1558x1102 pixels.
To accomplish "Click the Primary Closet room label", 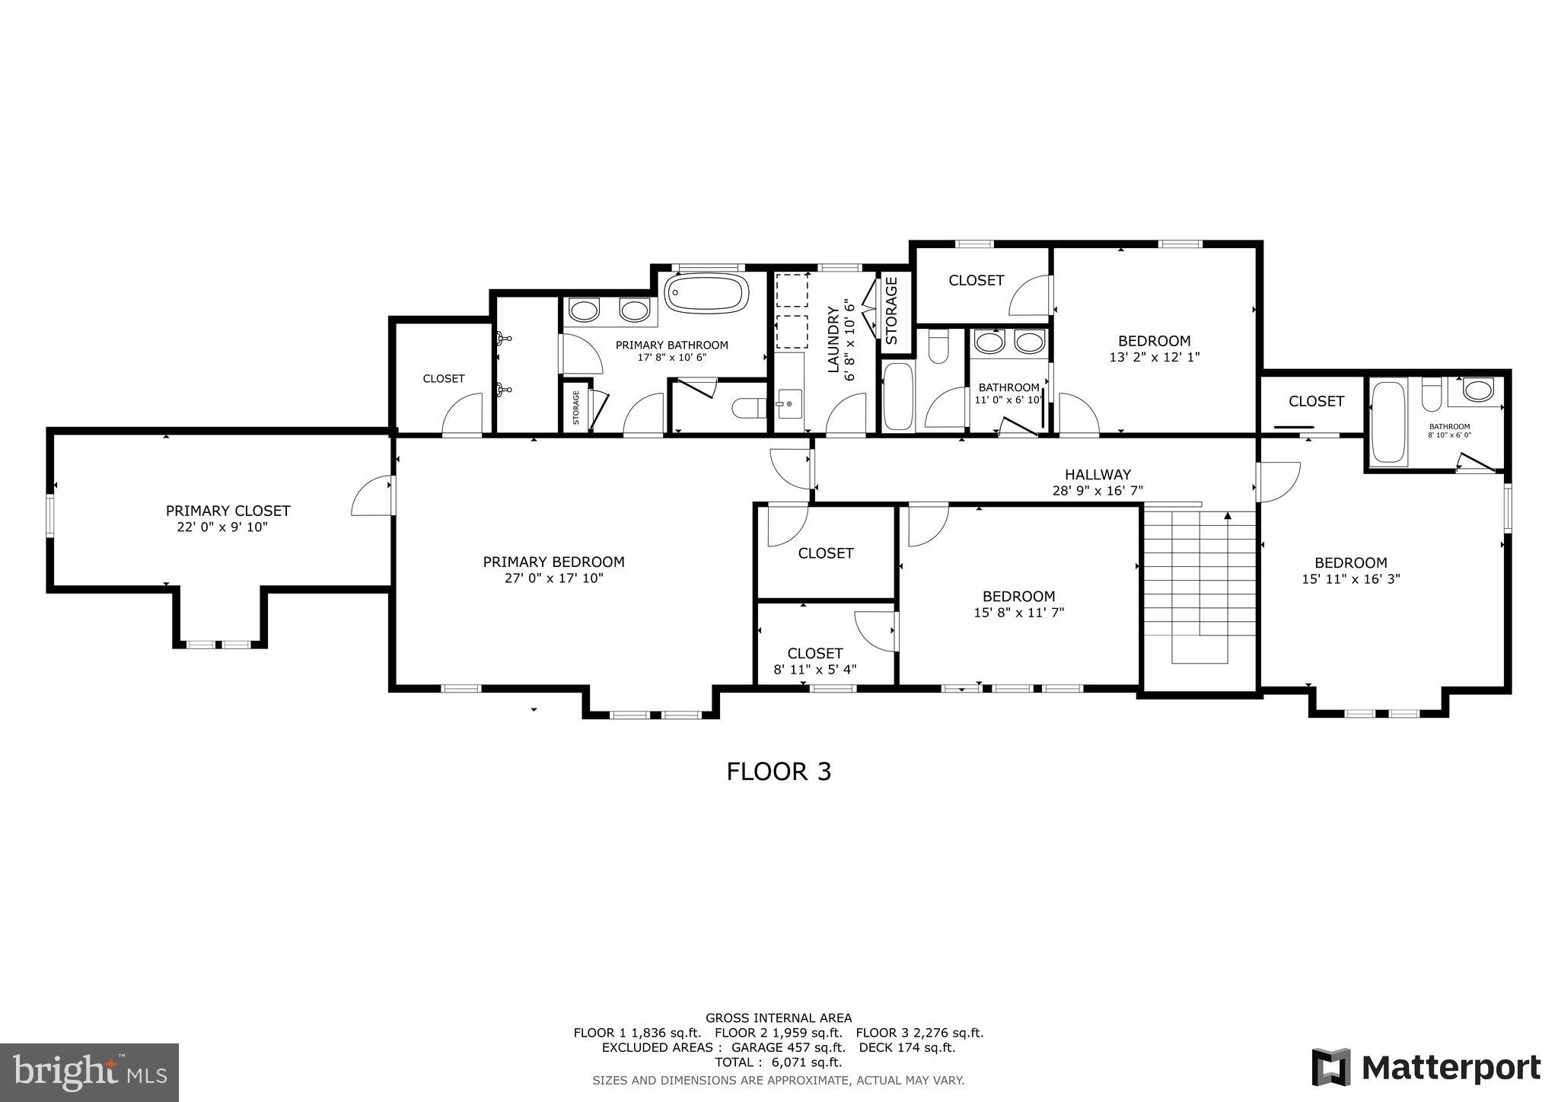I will (228, 511).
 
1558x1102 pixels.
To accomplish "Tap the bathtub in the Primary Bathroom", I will (706, 293).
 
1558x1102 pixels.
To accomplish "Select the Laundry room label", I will (833, 339).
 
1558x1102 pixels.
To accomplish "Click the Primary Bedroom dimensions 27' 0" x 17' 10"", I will (553, 578).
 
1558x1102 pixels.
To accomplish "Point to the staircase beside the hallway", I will (1200, 578).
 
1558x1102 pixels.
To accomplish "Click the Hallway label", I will (1097, 475).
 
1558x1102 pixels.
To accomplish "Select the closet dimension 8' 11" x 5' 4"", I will (814, 670).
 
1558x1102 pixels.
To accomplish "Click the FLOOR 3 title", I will (779, 772).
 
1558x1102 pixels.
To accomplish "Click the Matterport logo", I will (1426, 1067).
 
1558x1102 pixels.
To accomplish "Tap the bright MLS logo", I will (89, 1072).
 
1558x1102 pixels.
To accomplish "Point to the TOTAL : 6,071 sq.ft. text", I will (778, 1062).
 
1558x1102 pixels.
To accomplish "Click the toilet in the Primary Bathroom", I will (749, 409).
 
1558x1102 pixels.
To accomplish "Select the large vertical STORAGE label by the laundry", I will (892, 311).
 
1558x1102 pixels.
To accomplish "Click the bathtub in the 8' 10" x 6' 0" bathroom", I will (1388, 423).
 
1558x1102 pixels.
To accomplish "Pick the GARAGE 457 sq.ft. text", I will (787, 1048).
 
